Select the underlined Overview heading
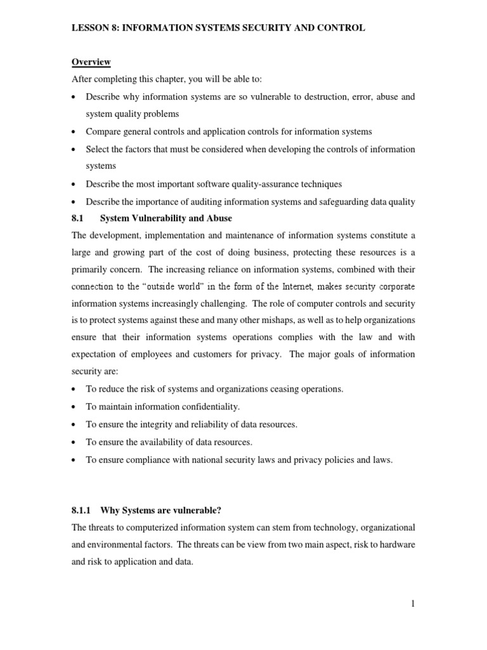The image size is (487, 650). (x=91, y=62)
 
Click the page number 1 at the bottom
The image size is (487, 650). (x=412, y=604)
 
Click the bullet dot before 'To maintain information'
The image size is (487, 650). (x=74, y=407)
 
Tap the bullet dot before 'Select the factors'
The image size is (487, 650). (x=74, y=150)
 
